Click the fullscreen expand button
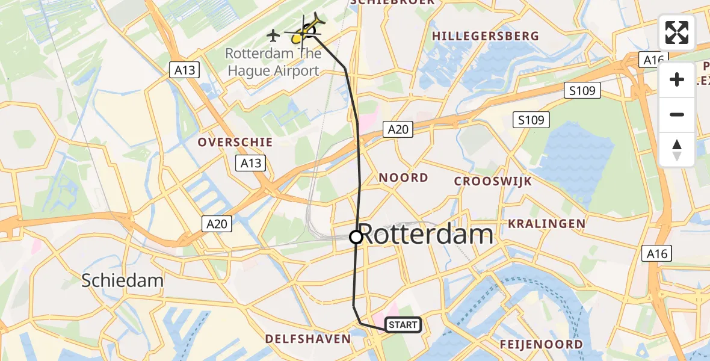coord(677,32)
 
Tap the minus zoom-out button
coord(677,114)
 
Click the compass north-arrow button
coord(677,149)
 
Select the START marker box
coord(403,325)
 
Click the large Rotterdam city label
coord(428,235)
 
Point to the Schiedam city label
coord(122,280)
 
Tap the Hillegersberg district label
coord(486,36)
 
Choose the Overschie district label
coord(236,143)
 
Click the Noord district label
coord(403,177)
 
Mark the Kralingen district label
coord(546,224)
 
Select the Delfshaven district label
coord(308,339)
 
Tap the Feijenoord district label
coord(542,344)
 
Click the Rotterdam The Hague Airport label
coord(273,62)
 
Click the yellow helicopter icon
coord(306,31)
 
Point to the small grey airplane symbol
coord(274,34)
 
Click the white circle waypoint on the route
coord(356,237)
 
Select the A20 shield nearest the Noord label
coord(398,129)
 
